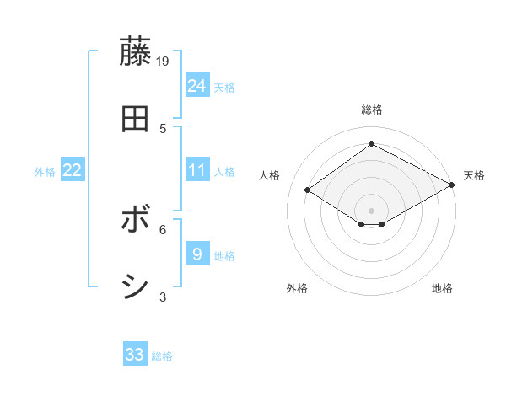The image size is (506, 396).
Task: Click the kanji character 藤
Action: pos(136,52)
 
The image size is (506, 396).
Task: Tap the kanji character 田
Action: pos(136,120)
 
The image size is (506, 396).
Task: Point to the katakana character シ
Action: pos(136,287)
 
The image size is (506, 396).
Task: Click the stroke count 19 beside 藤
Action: pos(163,61)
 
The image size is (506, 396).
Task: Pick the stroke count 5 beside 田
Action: pos(163,128)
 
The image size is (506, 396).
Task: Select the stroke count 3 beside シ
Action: pos(163,296)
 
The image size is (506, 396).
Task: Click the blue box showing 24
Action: pos(197,86)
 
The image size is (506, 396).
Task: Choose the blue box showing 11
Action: pos(197,170)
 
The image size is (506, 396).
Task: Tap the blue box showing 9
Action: pos(197,254)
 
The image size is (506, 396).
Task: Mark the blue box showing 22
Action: pos(73,170)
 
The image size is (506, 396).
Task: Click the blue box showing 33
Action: pos(135,355)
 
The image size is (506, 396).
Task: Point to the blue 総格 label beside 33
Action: pos(162,356)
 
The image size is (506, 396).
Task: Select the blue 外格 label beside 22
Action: pos(45,172)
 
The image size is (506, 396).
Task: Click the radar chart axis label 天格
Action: pos(474,175)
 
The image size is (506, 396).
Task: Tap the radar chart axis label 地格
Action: pos(442,289)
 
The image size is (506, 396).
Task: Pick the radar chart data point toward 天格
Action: pos(453,185)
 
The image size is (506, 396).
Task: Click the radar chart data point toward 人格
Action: pos(308,190)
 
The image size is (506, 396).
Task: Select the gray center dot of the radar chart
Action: pos(371,210)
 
